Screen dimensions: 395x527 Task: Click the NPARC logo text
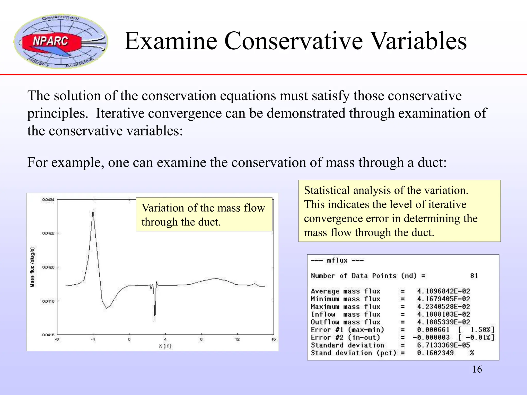click(51, 41)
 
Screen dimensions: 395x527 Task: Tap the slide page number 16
click(477, 369)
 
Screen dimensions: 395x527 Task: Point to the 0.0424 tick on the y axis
click(48, 200)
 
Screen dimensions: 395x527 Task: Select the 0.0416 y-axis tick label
click(48, 335)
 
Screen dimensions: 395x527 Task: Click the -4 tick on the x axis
click(93, 339)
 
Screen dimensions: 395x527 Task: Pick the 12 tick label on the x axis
click(237, 339)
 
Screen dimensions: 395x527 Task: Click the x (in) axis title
click(165, 346)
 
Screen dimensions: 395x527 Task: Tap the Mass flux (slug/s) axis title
click(32, 267)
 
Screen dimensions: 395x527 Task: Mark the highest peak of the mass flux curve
click(93, 210)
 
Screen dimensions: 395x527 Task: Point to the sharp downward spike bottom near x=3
click(155, 321)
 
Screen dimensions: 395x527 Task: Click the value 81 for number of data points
click(474, 276)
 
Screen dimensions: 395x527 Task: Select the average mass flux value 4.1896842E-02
click(443, 291)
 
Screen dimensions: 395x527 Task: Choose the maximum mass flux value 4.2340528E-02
click(443, 307)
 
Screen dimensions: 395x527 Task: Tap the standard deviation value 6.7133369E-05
click(443, 345)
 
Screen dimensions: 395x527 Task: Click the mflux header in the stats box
click(337, 261)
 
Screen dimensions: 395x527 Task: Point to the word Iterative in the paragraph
click(120, 113)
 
